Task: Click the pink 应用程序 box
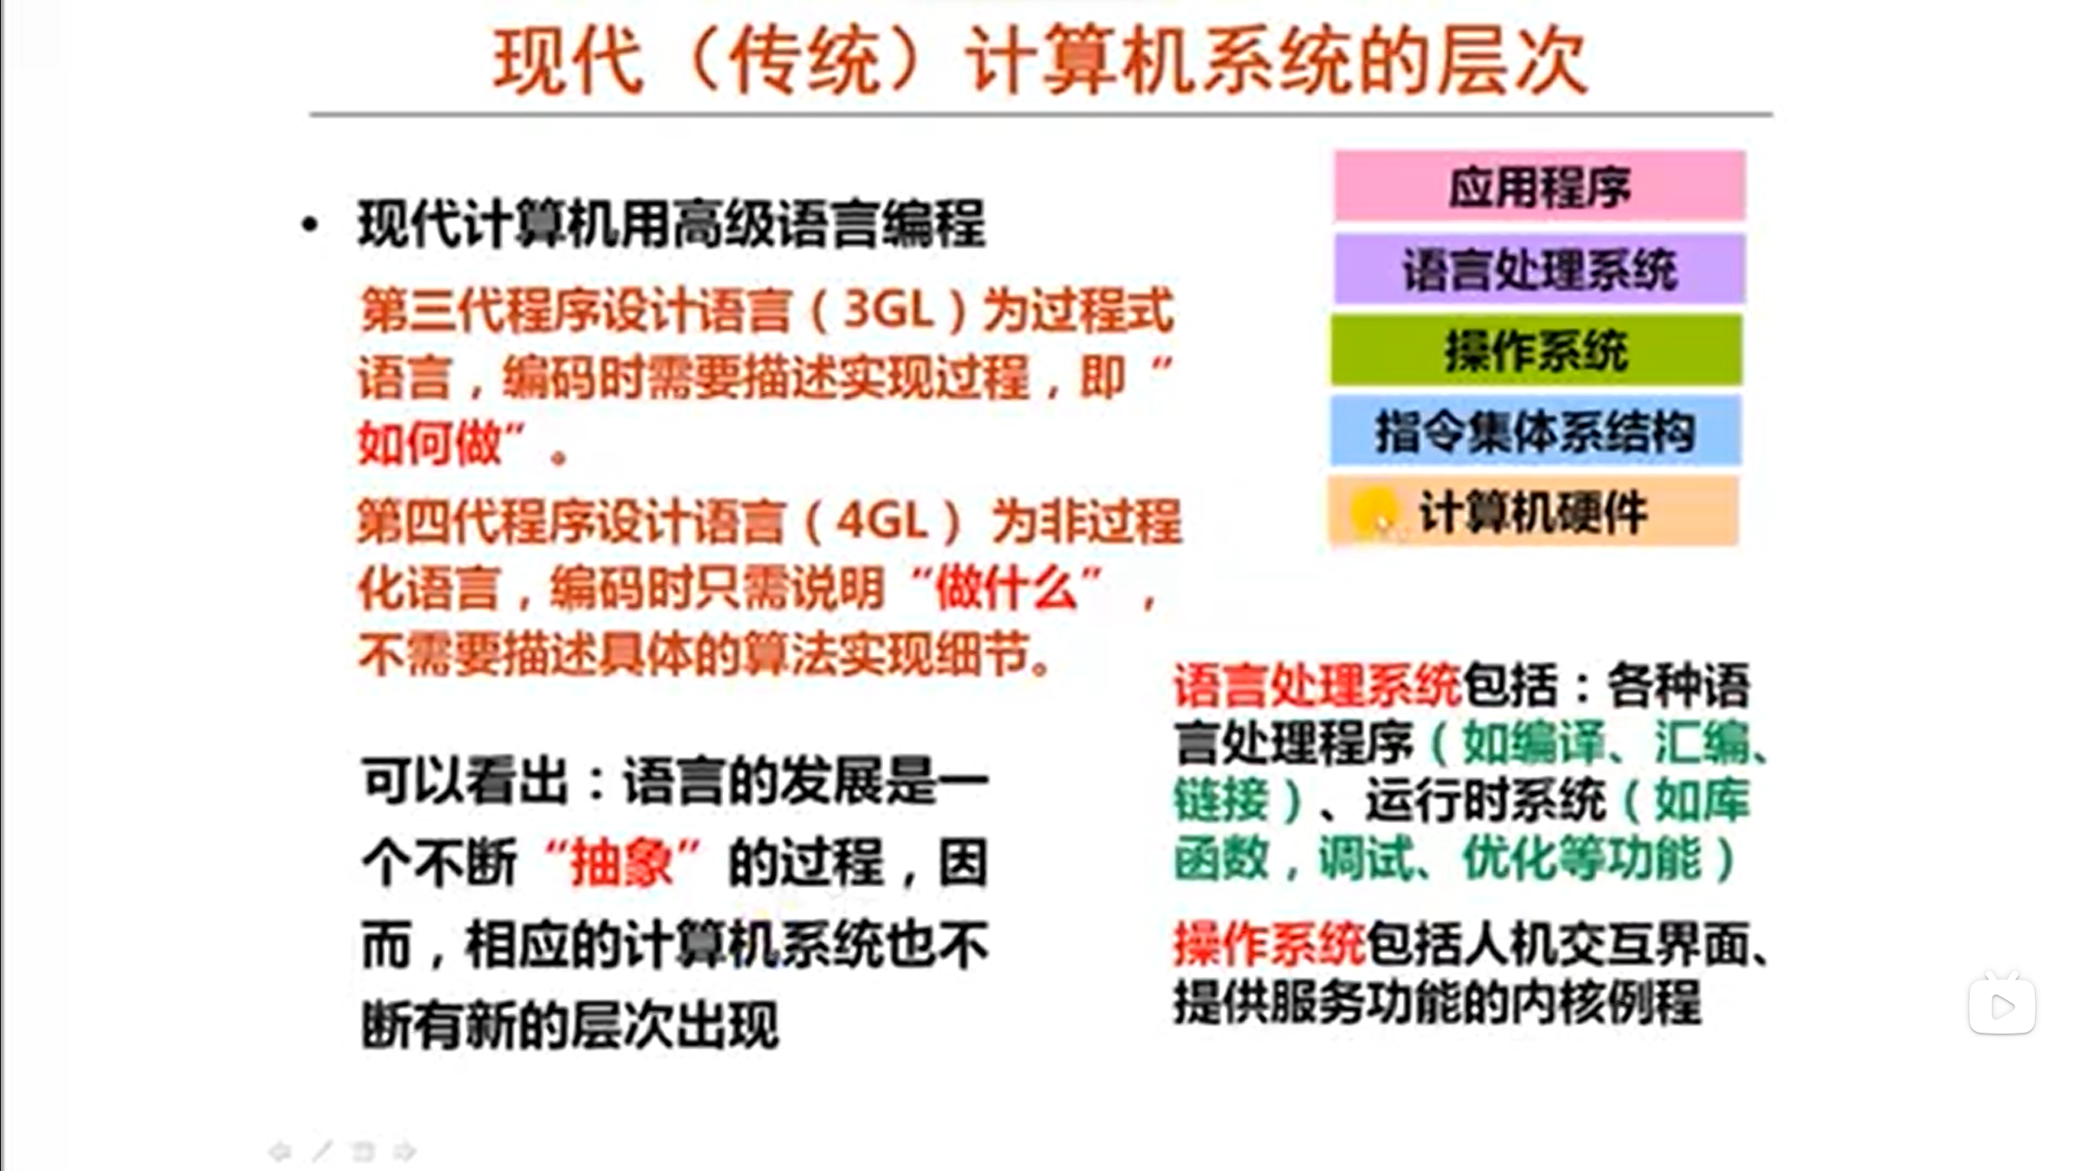click(1540, 185)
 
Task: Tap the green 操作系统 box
click(1536, 350)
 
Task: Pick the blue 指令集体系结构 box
click(1535, 430)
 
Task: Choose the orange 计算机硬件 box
click(1533, 511)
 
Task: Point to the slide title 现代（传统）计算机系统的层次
click(1040, 62)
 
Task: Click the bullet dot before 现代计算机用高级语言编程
click(309, 225)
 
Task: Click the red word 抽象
click(621, 861)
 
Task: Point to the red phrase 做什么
click(1007, 587)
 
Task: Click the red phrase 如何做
click(429, 444)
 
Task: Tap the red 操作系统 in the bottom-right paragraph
click(1269, 946)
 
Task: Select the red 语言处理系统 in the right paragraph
click(1317, 686)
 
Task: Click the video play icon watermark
click(2001, 1005)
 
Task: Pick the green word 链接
click(1221, 801)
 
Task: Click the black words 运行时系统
click(1485, 801)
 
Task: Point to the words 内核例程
click(1605, 1003)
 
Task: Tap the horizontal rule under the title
click(1041, 115)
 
